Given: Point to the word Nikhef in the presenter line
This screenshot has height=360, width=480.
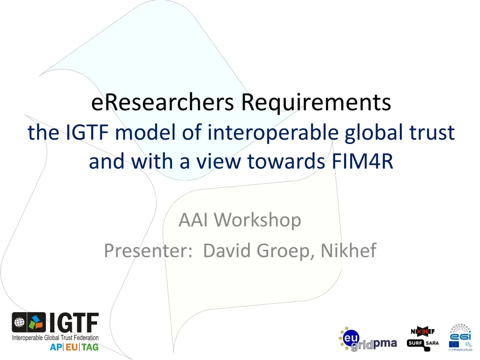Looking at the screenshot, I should pos(349,251).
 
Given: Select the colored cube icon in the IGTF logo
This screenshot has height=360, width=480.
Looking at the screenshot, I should pos(37,323).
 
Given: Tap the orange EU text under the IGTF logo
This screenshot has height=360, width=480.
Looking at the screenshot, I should pos(72,347).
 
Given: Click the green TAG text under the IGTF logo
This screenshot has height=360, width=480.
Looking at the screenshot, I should pos(90,347).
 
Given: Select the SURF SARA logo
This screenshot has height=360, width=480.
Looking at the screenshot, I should pos(423,343).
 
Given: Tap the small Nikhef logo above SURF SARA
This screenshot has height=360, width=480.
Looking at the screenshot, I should pos(422,332).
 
